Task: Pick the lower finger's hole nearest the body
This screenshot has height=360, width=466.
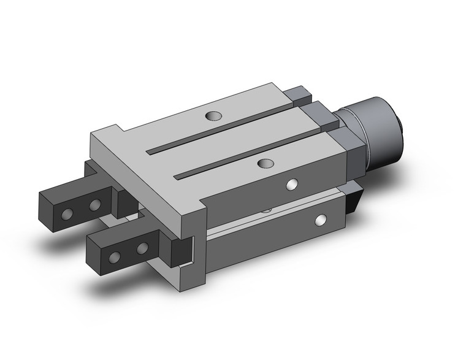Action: tap(142, 248)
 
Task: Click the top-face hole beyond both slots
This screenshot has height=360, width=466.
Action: tap(213, 115)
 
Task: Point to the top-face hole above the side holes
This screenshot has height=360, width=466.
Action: tap(265, 163)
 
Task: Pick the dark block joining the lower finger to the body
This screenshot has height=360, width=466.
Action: tap(181, 251)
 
